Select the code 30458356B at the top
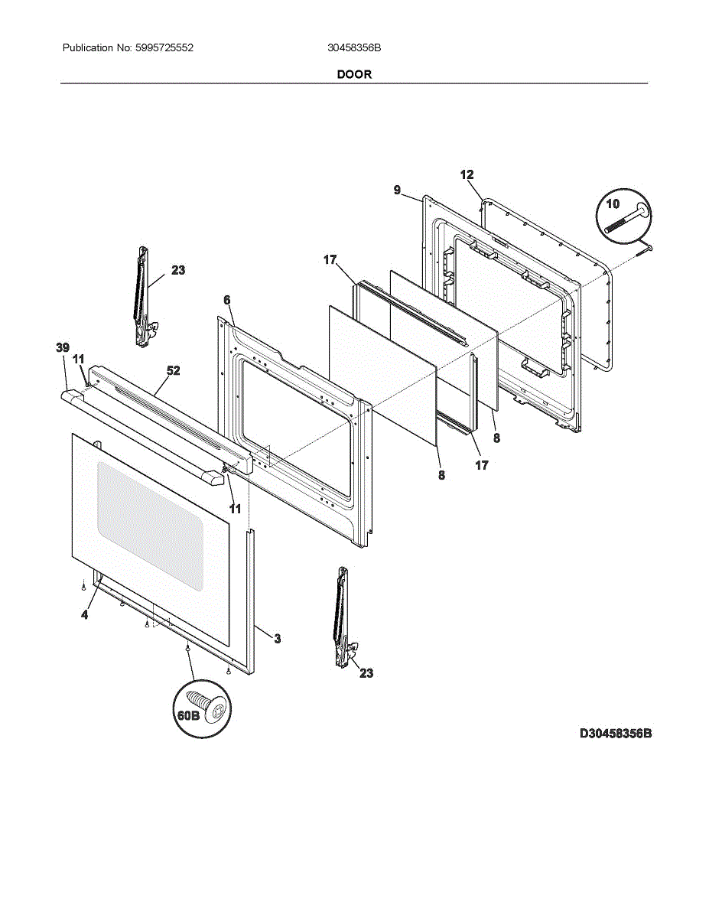[354, 47]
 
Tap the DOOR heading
[354, 74]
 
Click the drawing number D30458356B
[615, 734]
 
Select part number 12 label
[467, 175]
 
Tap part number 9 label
[398, 190]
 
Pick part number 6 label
[227, 301]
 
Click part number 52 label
[174, 370]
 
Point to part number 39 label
[63, 348]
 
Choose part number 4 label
[84, 615]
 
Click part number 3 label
[277, 638]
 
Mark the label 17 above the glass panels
[330, 260]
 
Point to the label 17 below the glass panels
[482, 464]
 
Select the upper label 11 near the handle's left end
[79, 359]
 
